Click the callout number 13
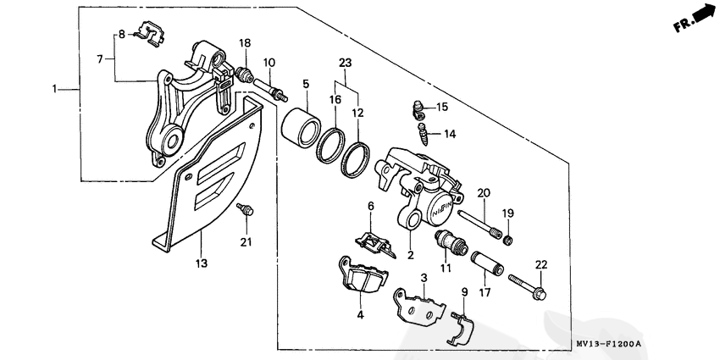click(202, 263)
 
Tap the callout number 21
click(246, 244)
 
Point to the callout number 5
click(306, 84)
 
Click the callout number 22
click(541, 265)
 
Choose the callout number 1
click(55, 89)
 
